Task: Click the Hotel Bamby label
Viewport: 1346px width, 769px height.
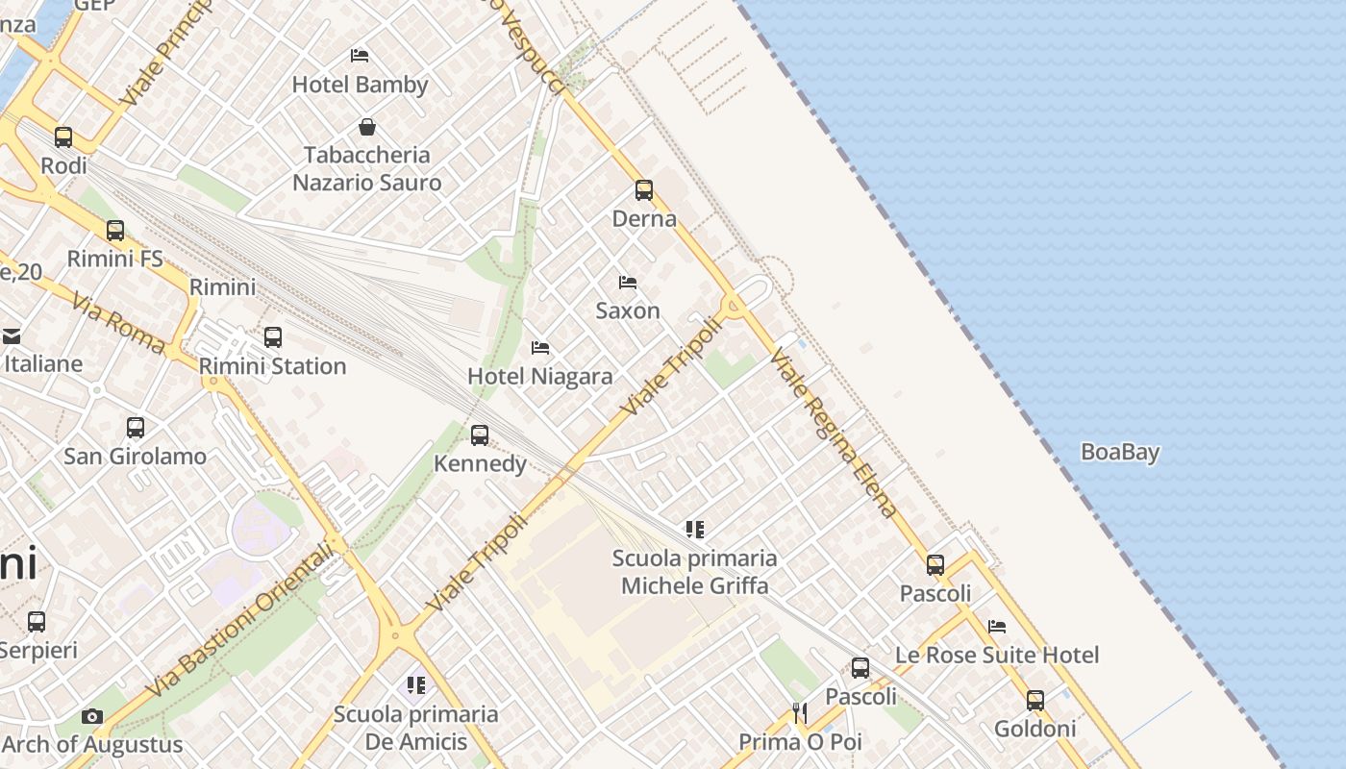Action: click(x=360, y=85)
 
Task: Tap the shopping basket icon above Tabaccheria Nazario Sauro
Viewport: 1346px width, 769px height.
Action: click(x=366, y=127)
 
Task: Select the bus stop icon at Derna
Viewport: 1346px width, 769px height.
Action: click(x=644, y=190)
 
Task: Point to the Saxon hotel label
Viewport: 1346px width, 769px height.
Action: click(x=628, y=310)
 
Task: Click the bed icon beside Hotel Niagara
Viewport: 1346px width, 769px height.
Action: click(x=540, y=347)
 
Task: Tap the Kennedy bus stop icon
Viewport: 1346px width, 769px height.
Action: click(x=480, y=435)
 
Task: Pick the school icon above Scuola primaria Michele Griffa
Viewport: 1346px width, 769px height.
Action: click(x=695, y=529)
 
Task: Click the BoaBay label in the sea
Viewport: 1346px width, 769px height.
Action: click(x=1120, y=452)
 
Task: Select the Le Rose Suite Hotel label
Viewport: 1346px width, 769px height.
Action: click(x=997, y=655)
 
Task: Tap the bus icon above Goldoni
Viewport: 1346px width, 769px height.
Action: click(x=1034, y=701)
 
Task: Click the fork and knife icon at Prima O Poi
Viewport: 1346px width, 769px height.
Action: click(x=799, y=712)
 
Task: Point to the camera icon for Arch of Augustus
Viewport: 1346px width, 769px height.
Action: click(x=92, y=716)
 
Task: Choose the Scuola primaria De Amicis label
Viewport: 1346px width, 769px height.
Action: click(x=415, y=728)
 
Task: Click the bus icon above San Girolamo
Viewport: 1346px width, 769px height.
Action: click(x=136, y=428)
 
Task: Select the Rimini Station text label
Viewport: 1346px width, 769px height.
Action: click(x=272, y=366)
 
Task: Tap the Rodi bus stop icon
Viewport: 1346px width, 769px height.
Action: click(x=63, y=137)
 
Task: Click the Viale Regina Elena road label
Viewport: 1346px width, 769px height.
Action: click(x=834, y=434)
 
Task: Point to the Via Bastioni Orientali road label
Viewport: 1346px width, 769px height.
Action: click(x=245, y=620)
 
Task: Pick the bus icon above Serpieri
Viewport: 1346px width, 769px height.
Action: click(x=37, y=622)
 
